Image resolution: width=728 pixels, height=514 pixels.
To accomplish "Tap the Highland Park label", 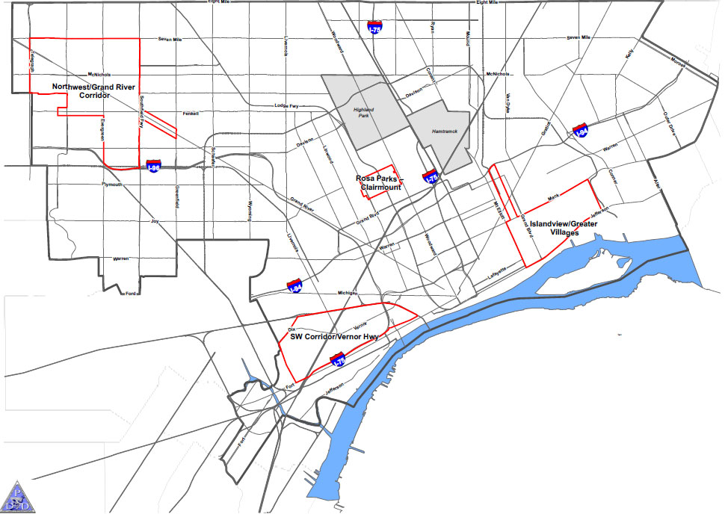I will click(368, 114).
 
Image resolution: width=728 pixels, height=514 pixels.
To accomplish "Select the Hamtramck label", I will click(443, 131).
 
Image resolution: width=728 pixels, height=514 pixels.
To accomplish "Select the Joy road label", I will click(155, 221).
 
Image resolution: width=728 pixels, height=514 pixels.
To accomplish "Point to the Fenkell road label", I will click(191, 114).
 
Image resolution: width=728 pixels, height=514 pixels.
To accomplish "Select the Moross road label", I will click(678, 61).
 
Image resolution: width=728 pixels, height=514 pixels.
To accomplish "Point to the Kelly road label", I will click(629, 55).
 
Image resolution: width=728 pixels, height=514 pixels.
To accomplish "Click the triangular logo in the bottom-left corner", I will click(17, 495).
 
